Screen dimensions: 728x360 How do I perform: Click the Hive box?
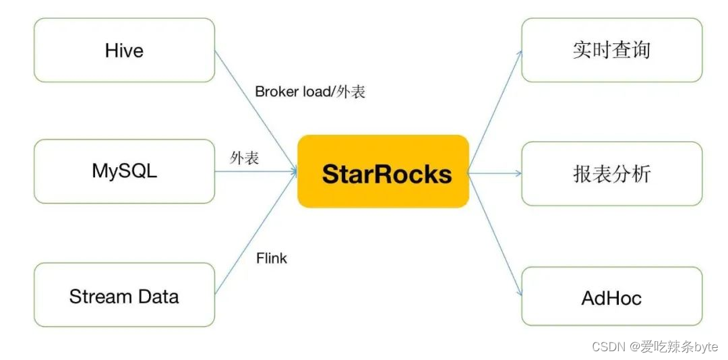[x=125, y=50]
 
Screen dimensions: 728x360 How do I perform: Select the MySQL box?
[x=125, y=171]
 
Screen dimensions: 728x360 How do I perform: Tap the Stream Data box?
[x=125, y=295]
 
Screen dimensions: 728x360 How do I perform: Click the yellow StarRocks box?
[x=383, y=171]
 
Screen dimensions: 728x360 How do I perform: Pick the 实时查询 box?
[x=612, y=50]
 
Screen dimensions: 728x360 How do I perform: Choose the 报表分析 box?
[x=612, y=173]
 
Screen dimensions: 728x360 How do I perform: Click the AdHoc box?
[x=612, y=297]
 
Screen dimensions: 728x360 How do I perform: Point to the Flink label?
[x=272, y=258]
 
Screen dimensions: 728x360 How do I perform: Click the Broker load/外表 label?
[x=310, y=92]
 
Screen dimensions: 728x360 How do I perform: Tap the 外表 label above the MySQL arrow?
[x=244, y=158]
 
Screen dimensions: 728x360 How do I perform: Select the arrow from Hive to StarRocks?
[x=256, y=110]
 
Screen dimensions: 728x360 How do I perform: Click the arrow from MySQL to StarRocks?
[x=256, y=171]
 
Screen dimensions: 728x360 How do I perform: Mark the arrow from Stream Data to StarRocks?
[x=256, y=233]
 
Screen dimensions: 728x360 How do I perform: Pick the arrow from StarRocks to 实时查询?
[x=495, y=111]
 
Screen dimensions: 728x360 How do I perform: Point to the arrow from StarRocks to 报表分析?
[x=495, y=173]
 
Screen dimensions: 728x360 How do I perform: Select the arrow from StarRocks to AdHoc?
[x=495, y=235]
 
